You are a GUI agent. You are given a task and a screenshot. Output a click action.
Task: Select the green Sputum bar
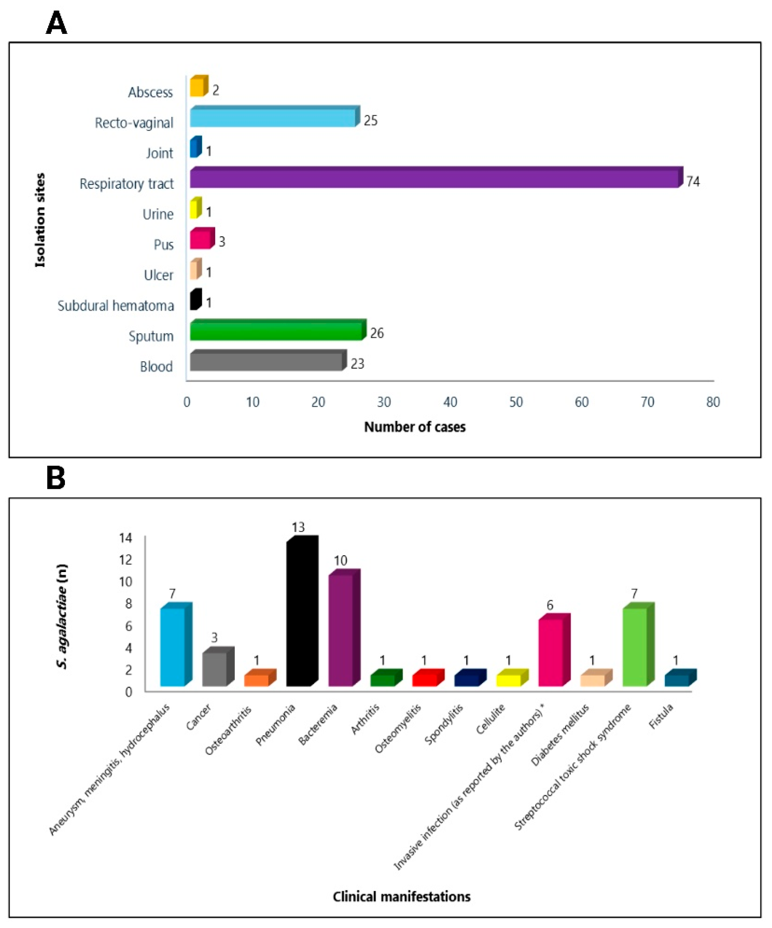(276, 331)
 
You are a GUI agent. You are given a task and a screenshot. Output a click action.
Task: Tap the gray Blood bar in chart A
(266, 361)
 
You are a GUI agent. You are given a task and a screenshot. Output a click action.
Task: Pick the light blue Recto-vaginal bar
(272, 118)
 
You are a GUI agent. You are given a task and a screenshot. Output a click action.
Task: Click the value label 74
(692, 182)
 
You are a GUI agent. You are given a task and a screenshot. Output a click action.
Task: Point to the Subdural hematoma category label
(116, 305)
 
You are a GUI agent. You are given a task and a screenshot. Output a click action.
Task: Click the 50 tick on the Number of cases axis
(515, 402)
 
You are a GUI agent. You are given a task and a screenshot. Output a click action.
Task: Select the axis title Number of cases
(414, 427)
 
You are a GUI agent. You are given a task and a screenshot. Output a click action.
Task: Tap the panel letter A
(56, 23)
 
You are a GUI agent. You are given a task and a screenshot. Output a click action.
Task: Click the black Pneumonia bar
(299, 614)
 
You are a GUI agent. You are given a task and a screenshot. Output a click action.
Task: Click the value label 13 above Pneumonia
(298, 527)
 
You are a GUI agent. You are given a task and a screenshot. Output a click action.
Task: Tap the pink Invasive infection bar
(551, 652)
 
